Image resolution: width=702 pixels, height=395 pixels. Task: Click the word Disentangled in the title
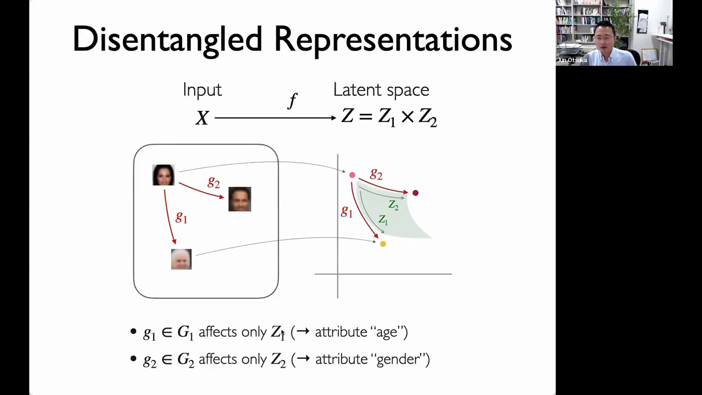[x=167, y=40]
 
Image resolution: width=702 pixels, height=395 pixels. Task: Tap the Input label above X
[x=202, y=89]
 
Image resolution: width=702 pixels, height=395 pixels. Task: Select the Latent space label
[x=381, y=90]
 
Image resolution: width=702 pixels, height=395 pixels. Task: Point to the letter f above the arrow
[x=292, y=101]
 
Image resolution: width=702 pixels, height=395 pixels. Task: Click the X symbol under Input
[x=202, y=118]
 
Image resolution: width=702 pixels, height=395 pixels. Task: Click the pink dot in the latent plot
[x=352, y=175]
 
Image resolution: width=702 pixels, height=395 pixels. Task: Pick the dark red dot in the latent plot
[x=416, y=193]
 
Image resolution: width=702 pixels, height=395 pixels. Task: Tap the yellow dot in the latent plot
[x=383, y=244]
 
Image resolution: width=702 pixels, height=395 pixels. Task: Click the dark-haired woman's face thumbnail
[x=163, y=175]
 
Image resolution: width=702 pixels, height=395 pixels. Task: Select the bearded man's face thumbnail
[x=240, y=199]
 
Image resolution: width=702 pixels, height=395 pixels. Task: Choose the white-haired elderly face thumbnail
[x=181, y=259]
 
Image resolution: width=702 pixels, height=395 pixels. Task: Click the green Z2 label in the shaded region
[x=394, y=205]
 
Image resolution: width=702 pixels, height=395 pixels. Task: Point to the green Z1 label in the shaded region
[x=383, y=220]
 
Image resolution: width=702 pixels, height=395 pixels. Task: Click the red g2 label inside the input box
[x=214, y=182]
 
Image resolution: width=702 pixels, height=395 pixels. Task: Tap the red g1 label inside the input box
[x=182, y=217]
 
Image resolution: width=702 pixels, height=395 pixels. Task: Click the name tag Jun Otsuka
[x=572, y=60]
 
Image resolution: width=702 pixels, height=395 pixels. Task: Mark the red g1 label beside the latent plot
[x=347, y=212]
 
